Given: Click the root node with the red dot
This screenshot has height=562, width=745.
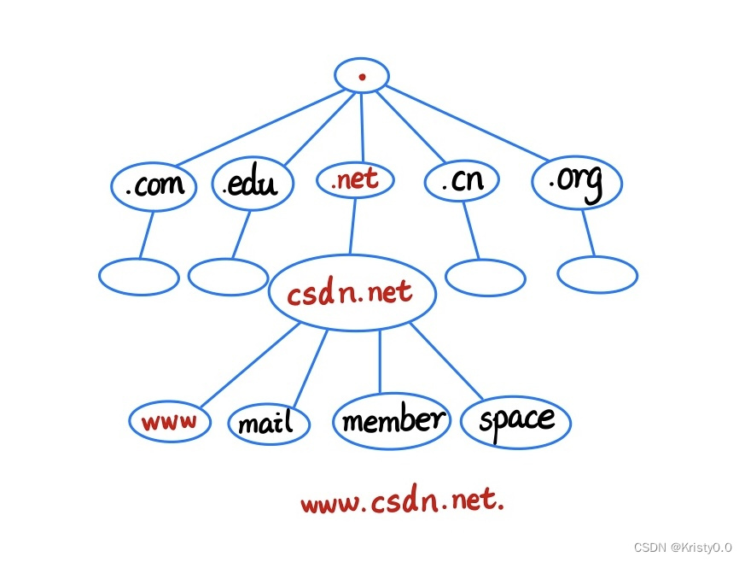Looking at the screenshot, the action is click(362, 76).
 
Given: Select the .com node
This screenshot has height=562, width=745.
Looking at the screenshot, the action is click(154, 184).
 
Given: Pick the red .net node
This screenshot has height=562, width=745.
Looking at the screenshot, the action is click(354, 180).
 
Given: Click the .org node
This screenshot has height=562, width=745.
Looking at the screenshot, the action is click(576, 182).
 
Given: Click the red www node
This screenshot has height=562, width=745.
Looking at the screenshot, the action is click(170, 420).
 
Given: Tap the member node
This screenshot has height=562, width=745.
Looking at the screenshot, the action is click(392, 420).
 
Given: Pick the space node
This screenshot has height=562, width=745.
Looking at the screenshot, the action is click(515, 420).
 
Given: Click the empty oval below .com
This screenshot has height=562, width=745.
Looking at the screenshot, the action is click(139, 277).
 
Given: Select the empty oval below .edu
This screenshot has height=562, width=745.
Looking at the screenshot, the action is click(228, 276).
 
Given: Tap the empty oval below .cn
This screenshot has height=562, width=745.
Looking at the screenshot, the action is click(485, 276).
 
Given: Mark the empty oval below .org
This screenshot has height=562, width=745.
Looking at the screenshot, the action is click(597, 274).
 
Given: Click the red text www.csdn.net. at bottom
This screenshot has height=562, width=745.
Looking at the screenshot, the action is click(402, 501).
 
